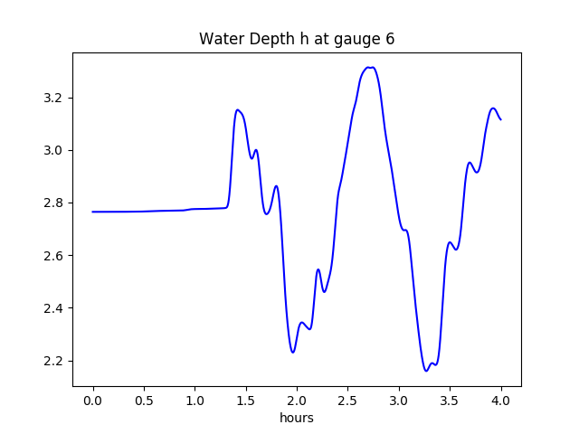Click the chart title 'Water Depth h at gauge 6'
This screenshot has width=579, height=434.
(297, 40)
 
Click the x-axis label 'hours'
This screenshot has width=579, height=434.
(297, 419)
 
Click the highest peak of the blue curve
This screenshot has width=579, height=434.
(369, 67)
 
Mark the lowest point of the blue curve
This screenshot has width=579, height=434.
(426, 371)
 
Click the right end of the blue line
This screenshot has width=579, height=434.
(500, 119)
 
